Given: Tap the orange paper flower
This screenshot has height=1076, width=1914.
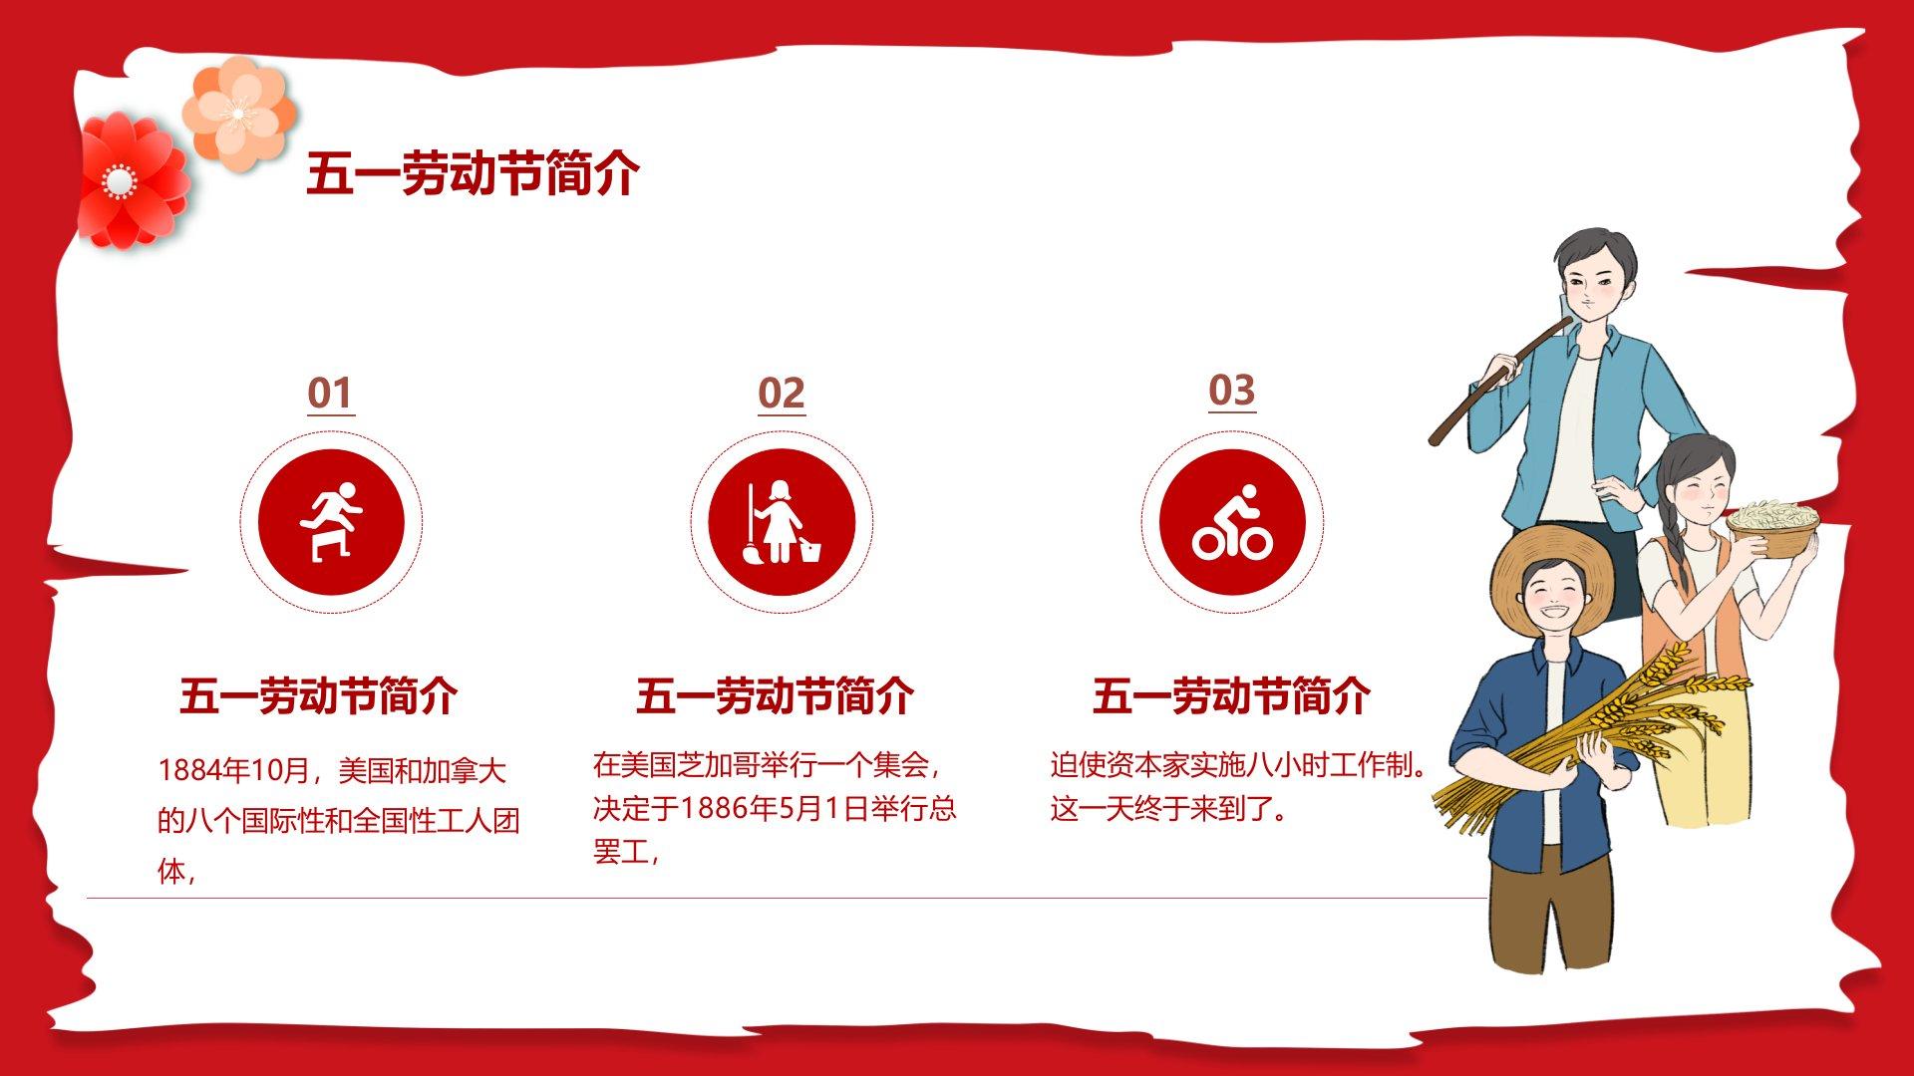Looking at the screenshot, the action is pos(239,112).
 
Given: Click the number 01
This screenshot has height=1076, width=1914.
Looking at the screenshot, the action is pos(330,394).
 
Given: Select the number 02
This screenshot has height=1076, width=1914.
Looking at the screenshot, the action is pos(781,394).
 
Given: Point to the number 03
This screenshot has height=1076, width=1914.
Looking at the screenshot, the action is pos(1232,391).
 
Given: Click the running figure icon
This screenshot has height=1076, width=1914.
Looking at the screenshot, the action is pos(331,521).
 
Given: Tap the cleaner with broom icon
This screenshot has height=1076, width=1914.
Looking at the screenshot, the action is pos(782,521).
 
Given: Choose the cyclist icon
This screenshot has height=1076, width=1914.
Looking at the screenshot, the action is pos(1232,521).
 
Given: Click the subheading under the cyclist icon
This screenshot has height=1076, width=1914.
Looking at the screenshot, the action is pos(1231,695).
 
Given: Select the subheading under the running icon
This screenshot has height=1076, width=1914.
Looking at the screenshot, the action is pos(319,695).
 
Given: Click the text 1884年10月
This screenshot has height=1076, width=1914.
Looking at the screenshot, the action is pos(234,770).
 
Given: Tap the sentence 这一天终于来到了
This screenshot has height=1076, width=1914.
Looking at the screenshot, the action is pos(1162,808).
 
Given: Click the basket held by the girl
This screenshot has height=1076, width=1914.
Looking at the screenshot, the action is pos(1773,528).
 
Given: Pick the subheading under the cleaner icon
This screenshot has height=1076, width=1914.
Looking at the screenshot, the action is pos(775,695).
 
